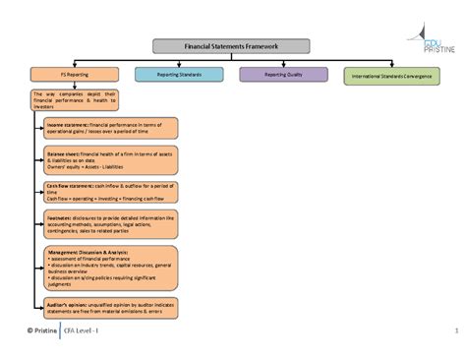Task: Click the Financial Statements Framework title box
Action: (x=232, y=46)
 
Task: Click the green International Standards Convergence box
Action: (x=398, y=75)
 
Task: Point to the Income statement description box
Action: (x=110, y=129)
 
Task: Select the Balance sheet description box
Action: (x=110, y=160)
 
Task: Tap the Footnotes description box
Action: (x=110, y=225)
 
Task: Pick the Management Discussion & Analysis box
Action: (x=110, y=268)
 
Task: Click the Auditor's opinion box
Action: (x=110, y=307)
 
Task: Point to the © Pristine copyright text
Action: (x=34, y=330)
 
